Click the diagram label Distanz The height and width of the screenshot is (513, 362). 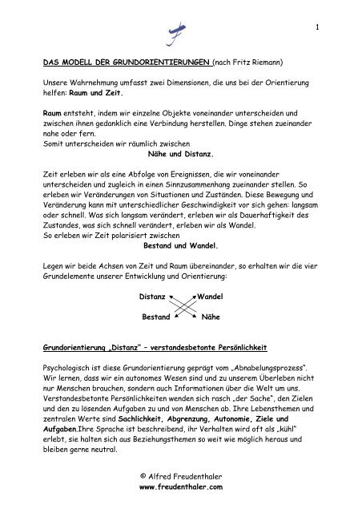point(152,297)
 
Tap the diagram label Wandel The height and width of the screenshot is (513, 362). point(210,297)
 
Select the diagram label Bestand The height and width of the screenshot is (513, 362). point(155,317)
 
